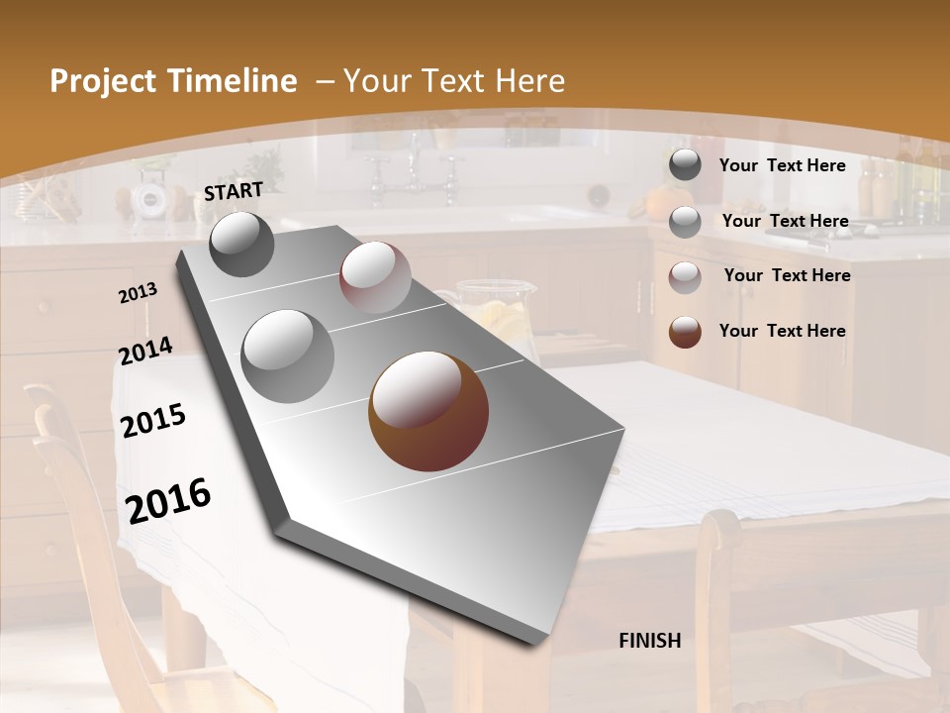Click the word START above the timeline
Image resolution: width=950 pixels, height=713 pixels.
click(x=234, y=191)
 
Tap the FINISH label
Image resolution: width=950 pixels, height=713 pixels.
click(x=650, y=641)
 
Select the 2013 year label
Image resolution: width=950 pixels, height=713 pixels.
click(x=139, y=293)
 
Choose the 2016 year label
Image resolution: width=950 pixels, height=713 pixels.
click(x=169, y=500)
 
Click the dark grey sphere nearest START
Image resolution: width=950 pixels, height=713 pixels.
click(x=241, y=245)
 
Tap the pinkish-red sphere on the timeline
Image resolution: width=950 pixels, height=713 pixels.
click(x=375, y=277)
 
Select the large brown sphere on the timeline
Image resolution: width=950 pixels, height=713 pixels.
click(x=428, y=411)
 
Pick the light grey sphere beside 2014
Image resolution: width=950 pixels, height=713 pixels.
click(x=288, y=356)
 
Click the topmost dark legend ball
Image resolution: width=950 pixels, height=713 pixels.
click(x=685, y=165)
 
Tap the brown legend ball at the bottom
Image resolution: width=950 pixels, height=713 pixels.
click(x=685, y=332)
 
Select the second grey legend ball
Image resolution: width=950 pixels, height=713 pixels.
click(x=685, y=222)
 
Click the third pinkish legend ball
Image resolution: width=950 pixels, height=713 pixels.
click(x=685, y=276)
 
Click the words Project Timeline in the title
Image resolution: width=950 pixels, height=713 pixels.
click(x=173, y=81)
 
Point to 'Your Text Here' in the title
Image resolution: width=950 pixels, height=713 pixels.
click(x=454, y=81)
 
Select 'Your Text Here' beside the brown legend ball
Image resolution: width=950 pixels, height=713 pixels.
click(x=782, y=331)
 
